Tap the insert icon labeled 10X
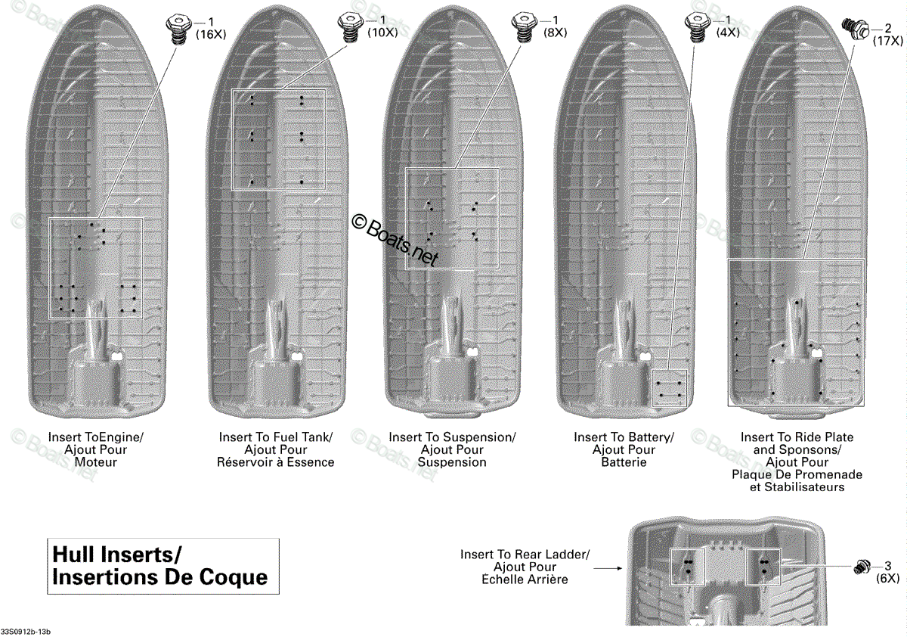(351, 27)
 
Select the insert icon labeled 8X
(525, 27)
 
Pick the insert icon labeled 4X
(697, 27)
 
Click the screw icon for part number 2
(856, 29)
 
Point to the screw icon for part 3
(862, 567)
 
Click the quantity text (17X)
(887, 41)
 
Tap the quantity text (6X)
(887, 578)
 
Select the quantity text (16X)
(211, 35)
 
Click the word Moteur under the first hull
(95, 462)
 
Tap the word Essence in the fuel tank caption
(311, 462)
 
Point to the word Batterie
(624, 462)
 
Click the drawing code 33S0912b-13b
(26, 632)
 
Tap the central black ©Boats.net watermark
(395, 241)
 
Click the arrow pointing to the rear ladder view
(608, 568)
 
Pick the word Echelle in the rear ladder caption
(500, 580)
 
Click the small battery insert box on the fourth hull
(670, 388)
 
